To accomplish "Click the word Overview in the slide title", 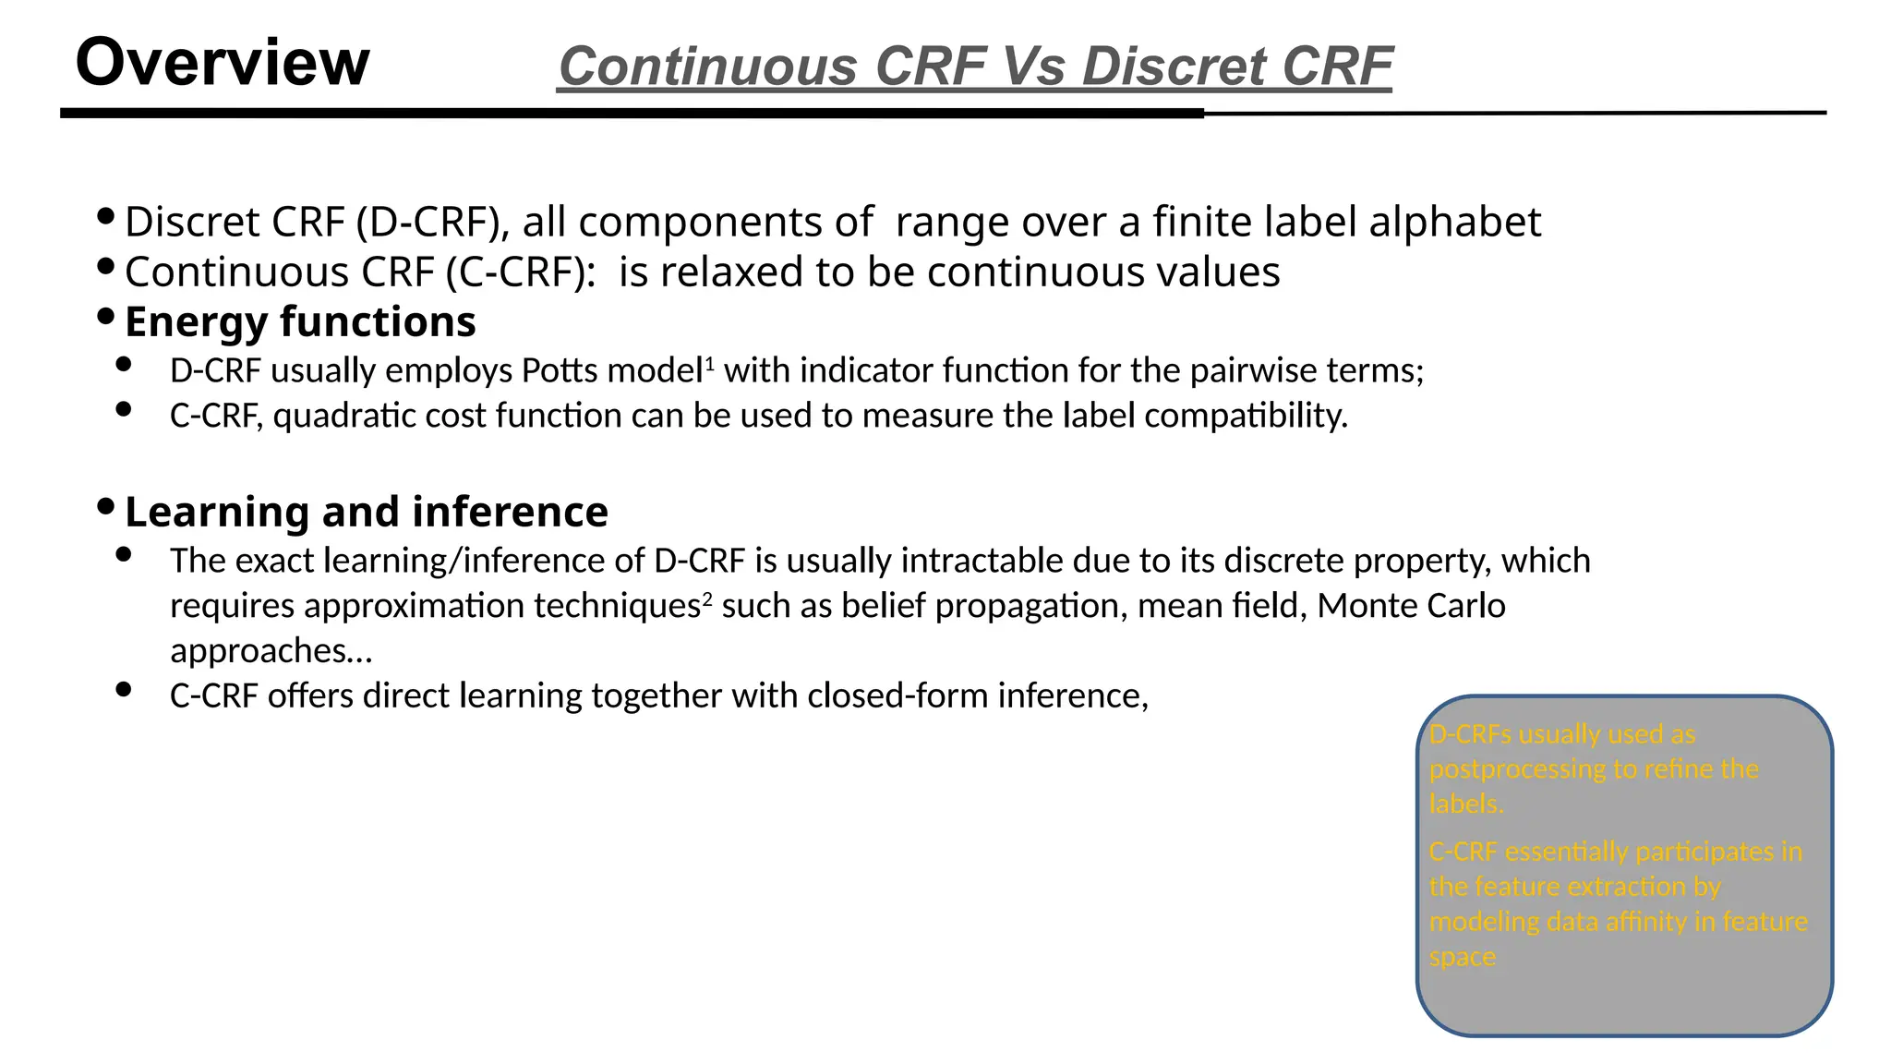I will (x=222, y=63).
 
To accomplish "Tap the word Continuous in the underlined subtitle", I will (x=708, y=67).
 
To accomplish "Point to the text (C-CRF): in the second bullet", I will (x=521, y=272).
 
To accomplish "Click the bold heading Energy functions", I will (x=300, y=322).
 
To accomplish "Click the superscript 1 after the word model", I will (x=710, y=364).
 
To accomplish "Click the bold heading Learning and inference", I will (x=366, y=512).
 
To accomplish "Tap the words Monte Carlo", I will (x=1411, y=606).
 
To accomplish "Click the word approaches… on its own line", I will (x=271, y=651).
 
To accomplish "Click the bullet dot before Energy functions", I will (x=105, y=318).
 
